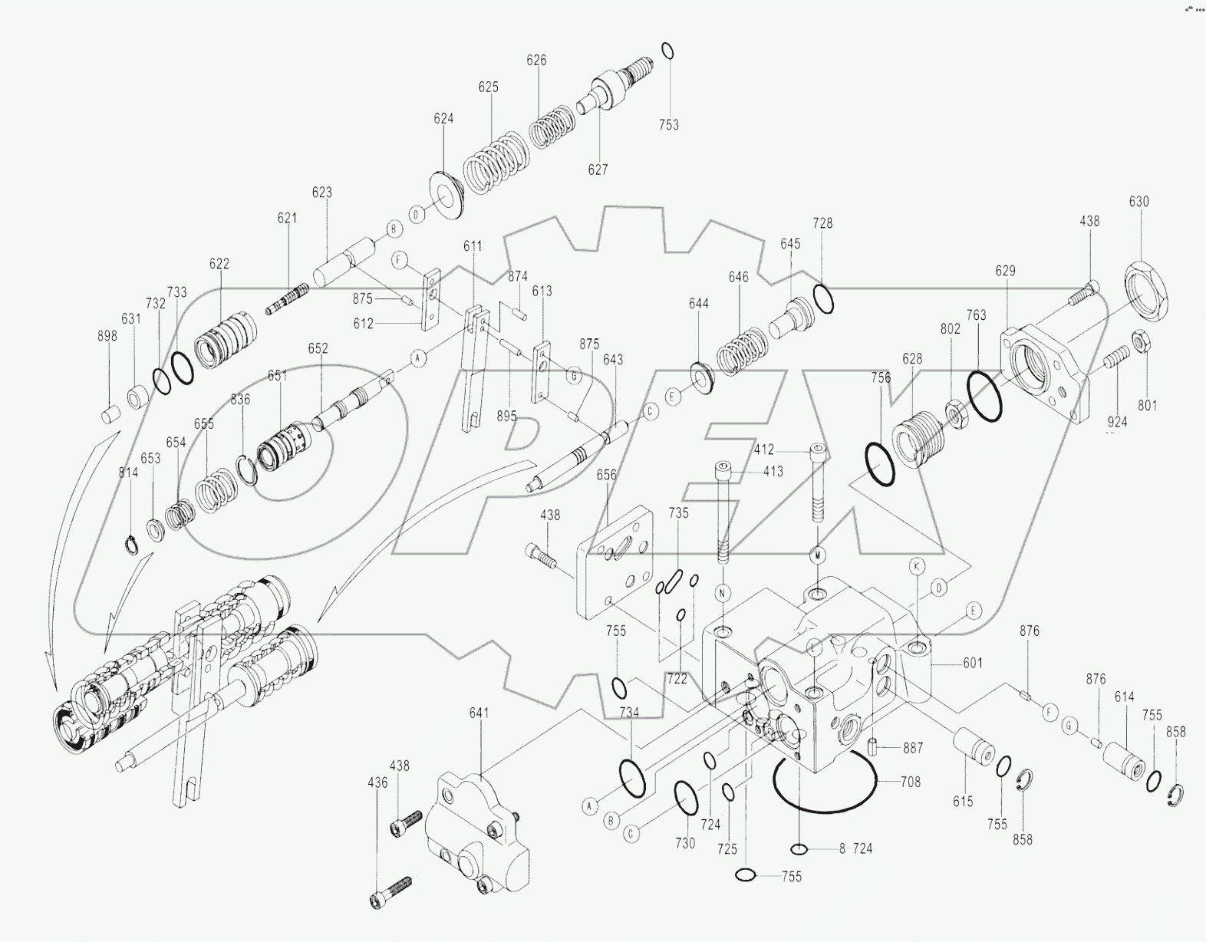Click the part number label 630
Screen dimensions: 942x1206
tap(1138, 202)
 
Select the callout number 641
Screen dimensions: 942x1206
tap(479, 713)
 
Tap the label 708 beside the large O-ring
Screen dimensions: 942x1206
tap(911, 782)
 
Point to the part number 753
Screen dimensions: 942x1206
tap(668, 124)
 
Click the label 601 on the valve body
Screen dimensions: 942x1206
tap(972, 663)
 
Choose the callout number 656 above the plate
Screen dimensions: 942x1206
tap(606, 475)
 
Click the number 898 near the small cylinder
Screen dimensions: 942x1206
tap(107, 336)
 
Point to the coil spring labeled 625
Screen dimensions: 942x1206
tap(495, 165)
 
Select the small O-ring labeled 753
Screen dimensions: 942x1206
tap(667, 51)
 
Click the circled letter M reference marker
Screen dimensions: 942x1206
tap(818, 554)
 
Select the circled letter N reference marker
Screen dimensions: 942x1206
tap(723, 592)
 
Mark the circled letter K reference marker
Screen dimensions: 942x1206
tap(917, 566)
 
